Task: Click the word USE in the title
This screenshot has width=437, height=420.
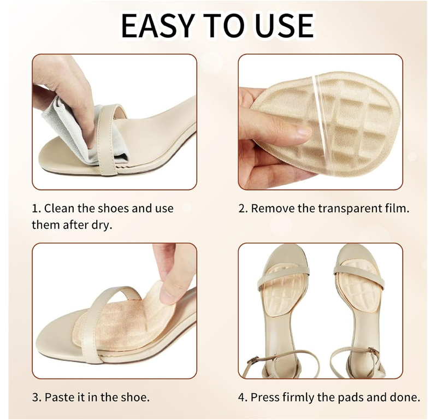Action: (282, 25)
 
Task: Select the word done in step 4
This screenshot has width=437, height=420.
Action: (405, 397)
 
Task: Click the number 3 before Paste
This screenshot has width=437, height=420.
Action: (35, 397)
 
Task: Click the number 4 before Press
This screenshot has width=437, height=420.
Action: (242, 397)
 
